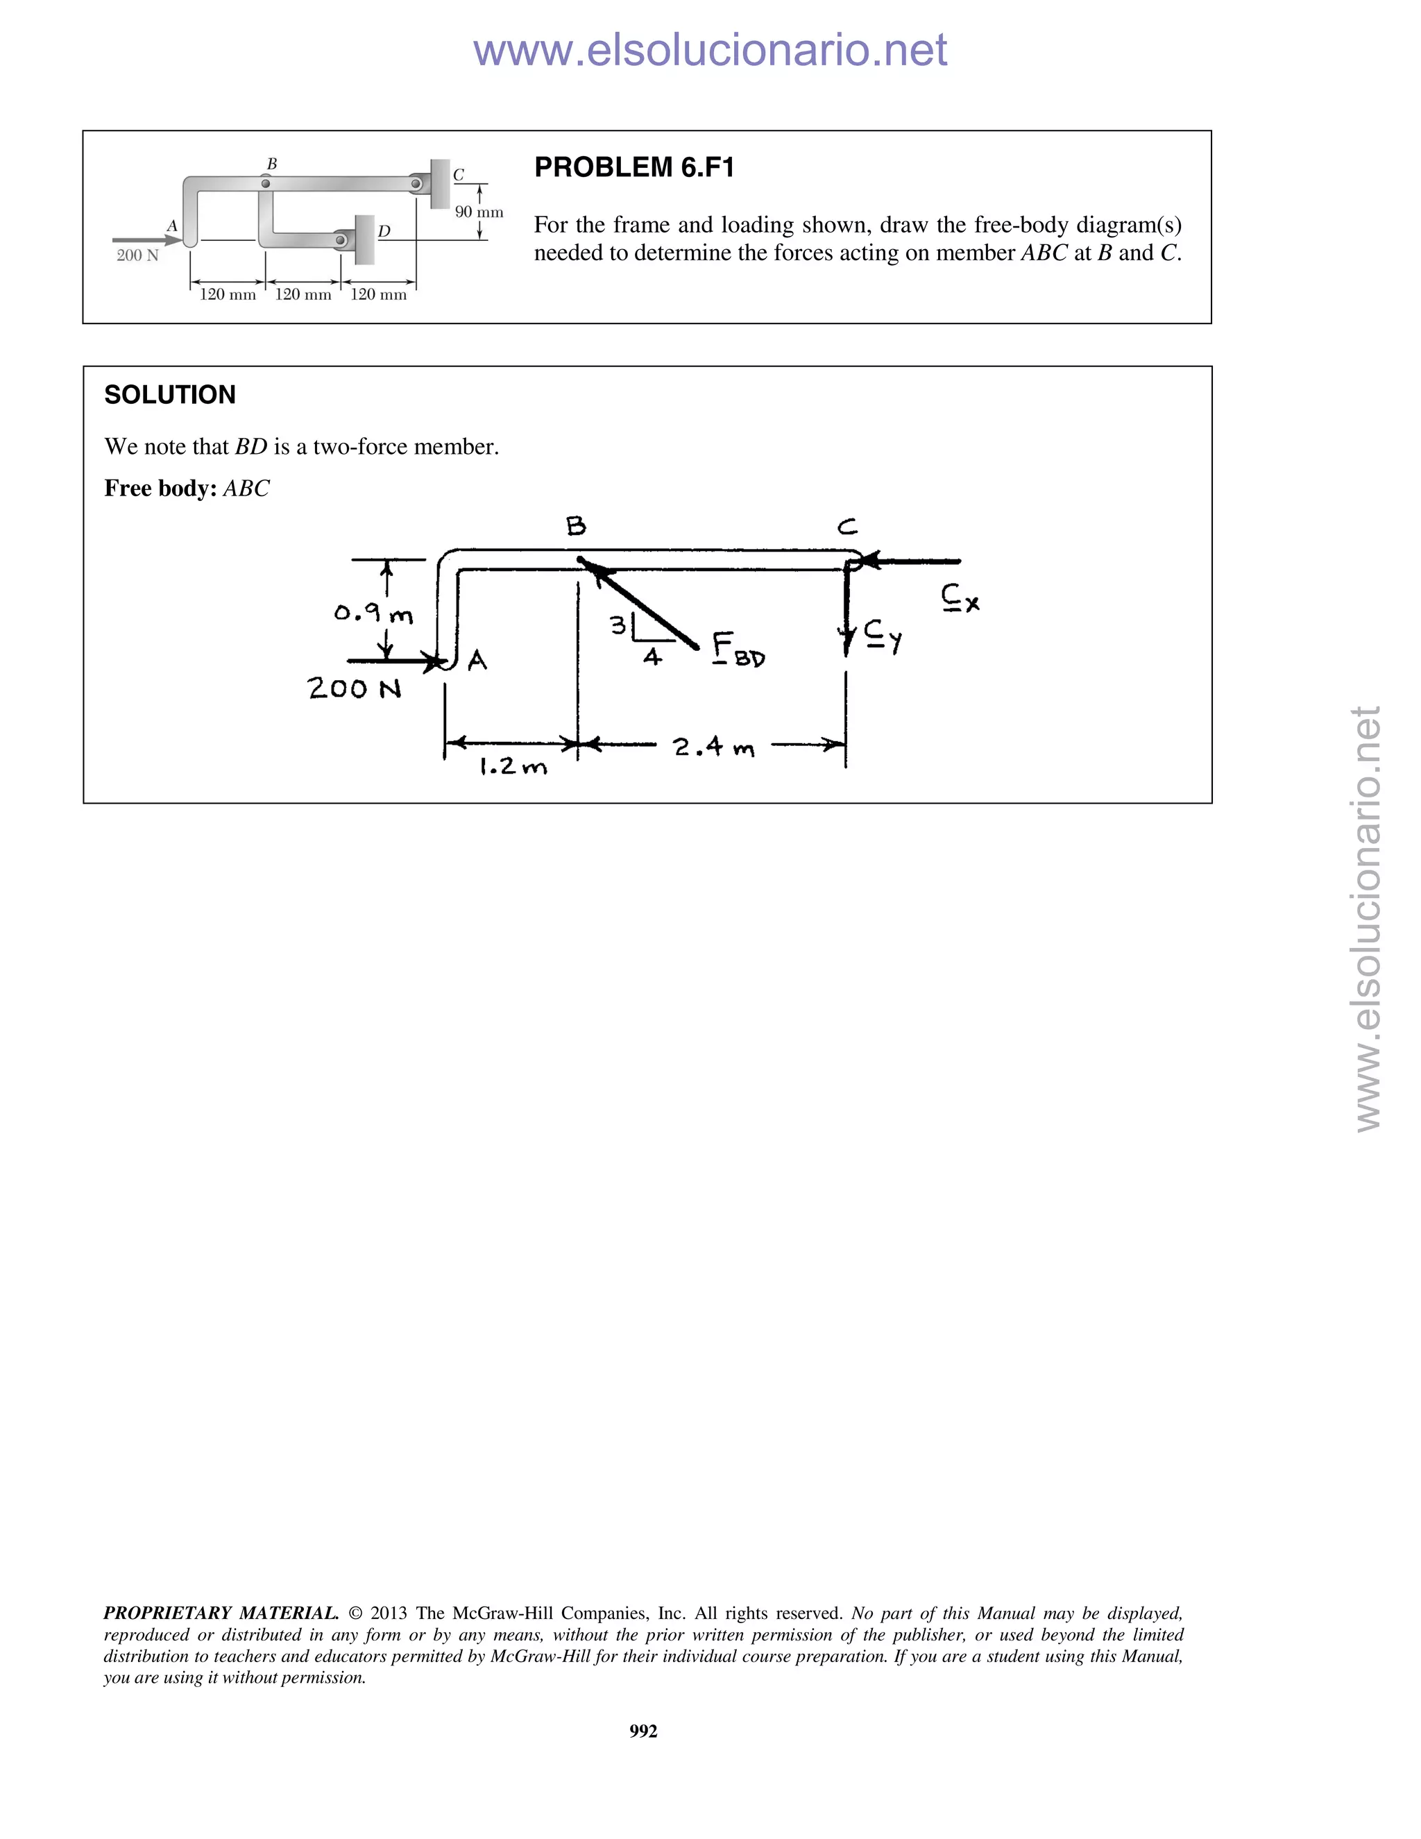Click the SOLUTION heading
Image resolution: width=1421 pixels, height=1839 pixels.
point(169,395)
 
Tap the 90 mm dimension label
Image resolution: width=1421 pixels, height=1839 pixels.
point(479,212)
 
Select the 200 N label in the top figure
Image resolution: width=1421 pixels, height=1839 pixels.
point(137,255)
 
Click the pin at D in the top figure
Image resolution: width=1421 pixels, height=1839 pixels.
point(340,241)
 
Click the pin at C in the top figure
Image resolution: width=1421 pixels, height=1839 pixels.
point(416,183)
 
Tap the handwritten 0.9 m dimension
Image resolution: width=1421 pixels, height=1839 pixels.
point(373,614)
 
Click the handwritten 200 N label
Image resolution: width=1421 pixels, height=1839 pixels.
point(355,689)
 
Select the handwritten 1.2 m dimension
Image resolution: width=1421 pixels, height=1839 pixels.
point(513,767)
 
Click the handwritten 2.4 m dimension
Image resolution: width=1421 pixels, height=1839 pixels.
point(714,747)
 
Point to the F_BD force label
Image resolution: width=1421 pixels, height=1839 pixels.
point(738,650)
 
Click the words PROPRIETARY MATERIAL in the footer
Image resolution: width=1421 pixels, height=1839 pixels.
point(221,1613)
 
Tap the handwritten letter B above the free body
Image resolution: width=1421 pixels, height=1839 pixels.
point(576,527)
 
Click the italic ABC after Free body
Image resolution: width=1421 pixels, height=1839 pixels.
point(246,489)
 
